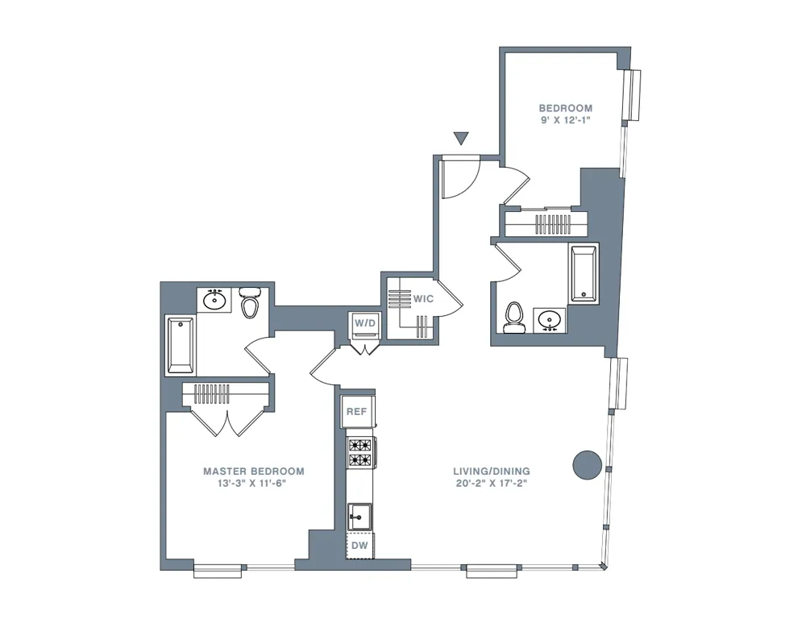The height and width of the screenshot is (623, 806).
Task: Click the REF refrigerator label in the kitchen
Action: coord(357,412)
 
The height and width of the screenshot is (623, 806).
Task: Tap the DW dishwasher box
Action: coord(359,546)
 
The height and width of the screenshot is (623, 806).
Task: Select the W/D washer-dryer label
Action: coord(365,323)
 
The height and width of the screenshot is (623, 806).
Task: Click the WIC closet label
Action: coord(424,298)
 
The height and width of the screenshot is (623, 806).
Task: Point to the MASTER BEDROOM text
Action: coord(253,471)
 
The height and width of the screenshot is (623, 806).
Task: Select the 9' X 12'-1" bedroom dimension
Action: coord(566,121)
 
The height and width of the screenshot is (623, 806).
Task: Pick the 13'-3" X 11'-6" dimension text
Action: coord(253,484)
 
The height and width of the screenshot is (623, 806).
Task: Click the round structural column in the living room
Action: coord(587,465)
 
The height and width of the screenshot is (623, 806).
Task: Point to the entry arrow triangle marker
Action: coord(461,139)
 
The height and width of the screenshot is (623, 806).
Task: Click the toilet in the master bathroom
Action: coord(251,304)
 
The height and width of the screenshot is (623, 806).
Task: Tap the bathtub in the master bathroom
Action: coord(181,346)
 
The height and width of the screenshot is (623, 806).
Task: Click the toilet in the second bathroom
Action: coord(513,318)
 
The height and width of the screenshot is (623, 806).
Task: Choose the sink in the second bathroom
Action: coord(551,320)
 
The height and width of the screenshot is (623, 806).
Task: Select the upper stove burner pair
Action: coord(360,445)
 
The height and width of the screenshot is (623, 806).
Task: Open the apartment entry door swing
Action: coord(461,174)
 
